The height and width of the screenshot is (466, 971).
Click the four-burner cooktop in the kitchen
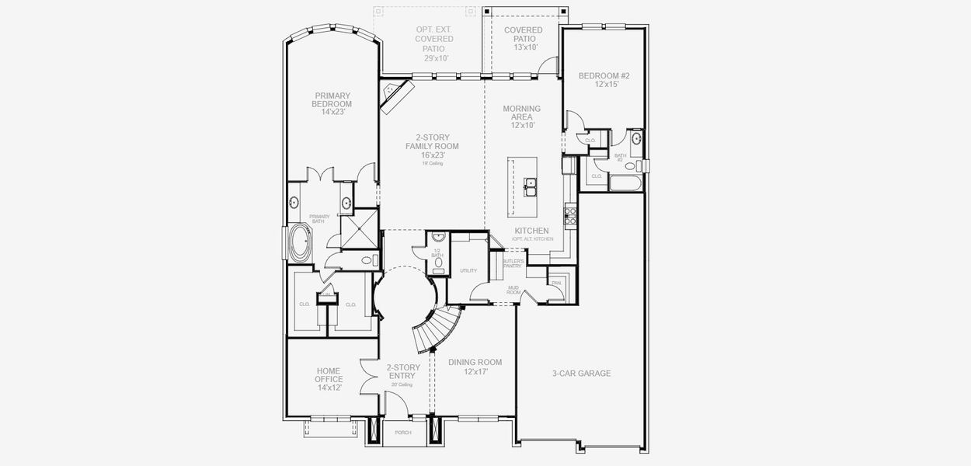569,214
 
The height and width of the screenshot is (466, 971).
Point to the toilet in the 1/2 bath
438,263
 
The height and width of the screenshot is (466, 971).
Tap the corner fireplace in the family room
395,96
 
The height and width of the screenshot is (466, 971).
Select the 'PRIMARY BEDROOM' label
332,104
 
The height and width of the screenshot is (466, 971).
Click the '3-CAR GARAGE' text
581,374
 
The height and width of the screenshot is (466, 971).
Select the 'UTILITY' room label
468,271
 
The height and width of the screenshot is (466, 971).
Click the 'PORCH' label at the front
403,433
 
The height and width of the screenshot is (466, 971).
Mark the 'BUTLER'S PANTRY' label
513,264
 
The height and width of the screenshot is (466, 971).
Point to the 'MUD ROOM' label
513,290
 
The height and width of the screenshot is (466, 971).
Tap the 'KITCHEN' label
531,231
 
